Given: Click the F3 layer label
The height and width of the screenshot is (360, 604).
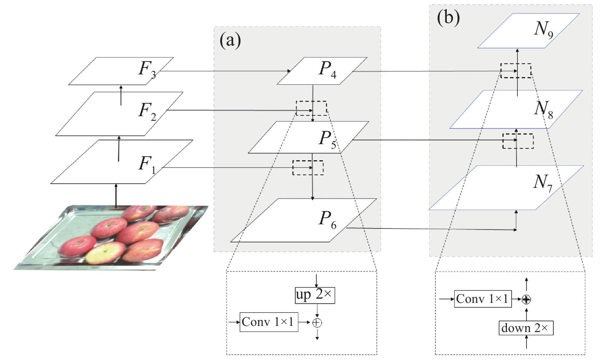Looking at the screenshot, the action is point(147,69).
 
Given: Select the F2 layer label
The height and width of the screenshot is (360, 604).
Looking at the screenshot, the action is point(147,112).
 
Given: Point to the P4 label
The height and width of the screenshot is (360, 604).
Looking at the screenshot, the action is point(328,69).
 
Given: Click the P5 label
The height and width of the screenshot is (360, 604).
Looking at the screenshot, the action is point(328,140).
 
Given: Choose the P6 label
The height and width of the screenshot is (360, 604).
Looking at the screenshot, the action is point(328,220).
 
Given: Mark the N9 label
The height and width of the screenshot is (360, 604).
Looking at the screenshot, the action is point(543,30).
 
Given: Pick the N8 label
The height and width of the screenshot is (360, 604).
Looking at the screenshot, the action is point(543,110).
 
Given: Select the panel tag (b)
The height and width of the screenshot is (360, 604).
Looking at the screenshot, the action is point(448,18).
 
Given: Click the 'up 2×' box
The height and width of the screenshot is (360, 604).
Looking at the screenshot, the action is point(315,295).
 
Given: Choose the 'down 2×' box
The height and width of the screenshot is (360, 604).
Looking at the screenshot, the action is point(526,328).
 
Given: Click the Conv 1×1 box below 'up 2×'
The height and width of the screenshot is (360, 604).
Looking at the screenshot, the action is point(269,322).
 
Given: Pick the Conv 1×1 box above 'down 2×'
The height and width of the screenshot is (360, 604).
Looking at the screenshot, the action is point(483,299).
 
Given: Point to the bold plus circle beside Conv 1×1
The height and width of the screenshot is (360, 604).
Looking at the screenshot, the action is point(526,299).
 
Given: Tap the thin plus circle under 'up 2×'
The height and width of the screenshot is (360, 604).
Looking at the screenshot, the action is point(317,323).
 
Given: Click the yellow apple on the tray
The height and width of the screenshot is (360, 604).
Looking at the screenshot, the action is point(105,253).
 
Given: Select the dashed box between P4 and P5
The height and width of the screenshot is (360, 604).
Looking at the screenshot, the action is point(311,108).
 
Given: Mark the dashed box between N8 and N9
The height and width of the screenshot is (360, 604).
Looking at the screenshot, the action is point(516,71).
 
